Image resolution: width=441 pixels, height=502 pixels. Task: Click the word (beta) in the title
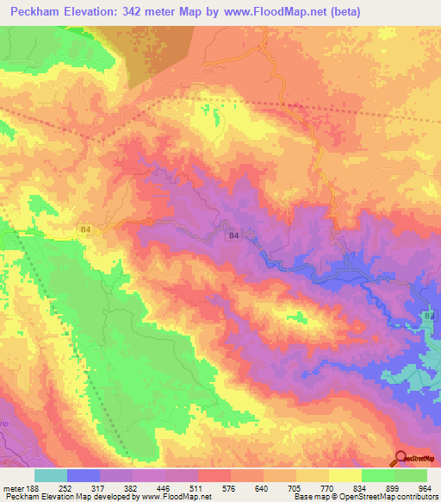click(341, 12)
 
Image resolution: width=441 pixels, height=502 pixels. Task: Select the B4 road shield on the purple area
click(233, 235)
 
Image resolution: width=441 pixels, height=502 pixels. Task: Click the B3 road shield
click(430, 317)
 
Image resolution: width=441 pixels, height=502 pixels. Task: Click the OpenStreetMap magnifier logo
click(400, 458)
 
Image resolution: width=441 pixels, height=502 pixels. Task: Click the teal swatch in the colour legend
click(51, 476)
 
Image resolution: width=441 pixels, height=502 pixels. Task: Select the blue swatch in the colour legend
click(84, 476)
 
